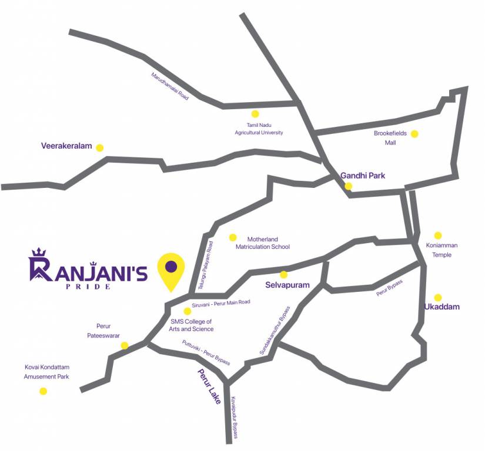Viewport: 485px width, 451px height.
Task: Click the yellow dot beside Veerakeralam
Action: coord(99,148)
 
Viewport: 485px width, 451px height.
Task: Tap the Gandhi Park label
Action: coord(363,175)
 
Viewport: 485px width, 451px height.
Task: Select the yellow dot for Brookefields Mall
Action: coord(414,134)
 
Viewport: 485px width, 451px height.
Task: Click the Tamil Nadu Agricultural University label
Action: coord(259,129)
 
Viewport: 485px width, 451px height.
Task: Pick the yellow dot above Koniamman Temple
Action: coord(437,235)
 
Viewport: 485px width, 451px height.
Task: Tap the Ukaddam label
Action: coord(442,307)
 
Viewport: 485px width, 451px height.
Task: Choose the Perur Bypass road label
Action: coord(389,287)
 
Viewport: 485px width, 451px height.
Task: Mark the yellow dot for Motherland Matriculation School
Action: coord(233,237)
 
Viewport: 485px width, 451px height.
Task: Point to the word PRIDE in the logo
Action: coord(88,287)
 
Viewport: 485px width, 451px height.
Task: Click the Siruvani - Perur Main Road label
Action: coord(220,302)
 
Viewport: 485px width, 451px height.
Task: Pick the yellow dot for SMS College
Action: coord(188,311)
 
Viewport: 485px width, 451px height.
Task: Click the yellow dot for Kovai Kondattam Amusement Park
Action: coord(43,391)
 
